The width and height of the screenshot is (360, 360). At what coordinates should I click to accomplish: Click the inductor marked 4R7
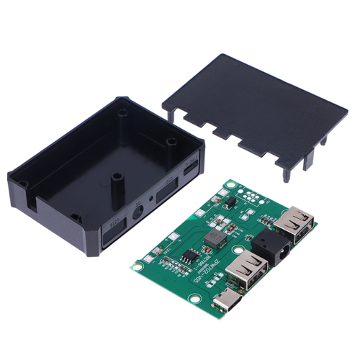[214, 238]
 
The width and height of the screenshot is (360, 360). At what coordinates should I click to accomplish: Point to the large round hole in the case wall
[137, 213]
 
